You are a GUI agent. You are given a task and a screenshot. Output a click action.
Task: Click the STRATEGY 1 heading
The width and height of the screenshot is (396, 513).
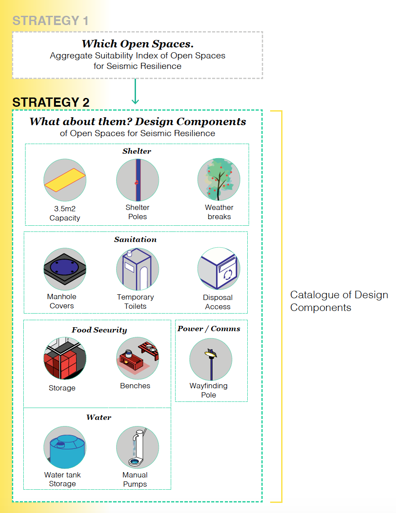[x=50, y=21]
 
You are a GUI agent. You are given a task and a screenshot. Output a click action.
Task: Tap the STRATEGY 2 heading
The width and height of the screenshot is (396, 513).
[x=51, y=102]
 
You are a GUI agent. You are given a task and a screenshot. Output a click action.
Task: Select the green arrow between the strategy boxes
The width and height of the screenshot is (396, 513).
[x=135, y=91]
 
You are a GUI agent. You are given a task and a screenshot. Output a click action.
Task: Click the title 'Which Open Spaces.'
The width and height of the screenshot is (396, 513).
[x=137, y=44]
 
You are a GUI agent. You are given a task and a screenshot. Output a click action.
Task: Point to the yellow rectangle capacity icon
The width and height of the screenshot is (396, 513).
[x=65, y=180]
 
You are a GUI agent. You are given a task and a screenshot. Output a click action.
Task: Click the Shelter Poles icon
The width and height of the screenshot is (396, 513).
[x=137, y=180]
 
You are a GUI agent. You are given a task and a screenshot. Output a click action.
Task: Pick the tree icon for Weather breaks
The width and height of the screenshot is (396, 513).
[x=219, y=180]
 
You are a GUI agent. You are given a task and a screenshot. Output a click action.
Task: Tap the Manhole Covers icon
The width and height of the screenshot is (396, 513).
[x=65, y=269]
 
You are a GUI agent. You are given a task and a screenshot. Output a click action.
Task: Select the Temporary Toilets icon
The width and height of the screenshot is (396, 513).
[x=137, y=269]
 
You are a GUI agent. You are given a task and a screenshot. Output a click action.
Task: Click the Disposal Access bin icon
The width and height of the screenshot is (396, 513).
[x=219, y=269]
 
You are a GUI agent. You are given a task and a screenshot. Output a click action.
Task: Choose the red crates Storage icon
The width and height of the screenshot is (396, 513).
[x=65, y=358]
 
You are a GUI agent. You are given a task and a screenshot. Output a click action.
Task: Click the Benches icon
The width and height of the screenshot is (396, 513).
[x=137, y=358]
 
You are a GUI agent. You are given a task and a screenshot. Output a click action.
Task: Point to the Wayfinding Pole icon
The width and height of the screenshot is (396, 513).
[x=211, y=359]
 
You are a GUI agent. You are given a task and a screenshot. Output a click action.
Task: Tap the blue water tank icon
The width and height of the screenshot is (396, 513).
[x=65, y=447]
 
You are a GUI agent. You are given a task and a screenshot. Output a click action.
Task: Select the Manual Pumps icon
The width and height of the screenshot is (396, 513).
[x=137, y=447]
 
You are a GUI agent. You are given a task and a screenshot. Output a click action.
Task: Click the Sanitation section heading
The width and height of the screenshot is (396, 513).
[x=135, y=239]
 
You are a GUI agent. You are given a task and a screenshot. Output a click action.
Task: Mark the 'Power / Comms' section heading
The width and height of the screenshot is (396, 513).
[x=209, y=329]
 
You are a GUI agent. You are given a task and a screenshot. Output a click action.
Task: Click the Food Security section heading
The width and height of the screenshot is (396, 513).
[x=99, y=330]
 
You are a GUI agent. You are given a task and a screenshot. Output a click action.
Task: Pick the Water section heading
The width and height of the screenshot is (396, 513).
[x=99, y=417]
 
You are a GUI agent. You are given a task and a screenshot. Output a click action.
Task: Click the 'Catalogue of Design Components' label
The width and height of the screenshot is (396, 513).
[x=339, y=301]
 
